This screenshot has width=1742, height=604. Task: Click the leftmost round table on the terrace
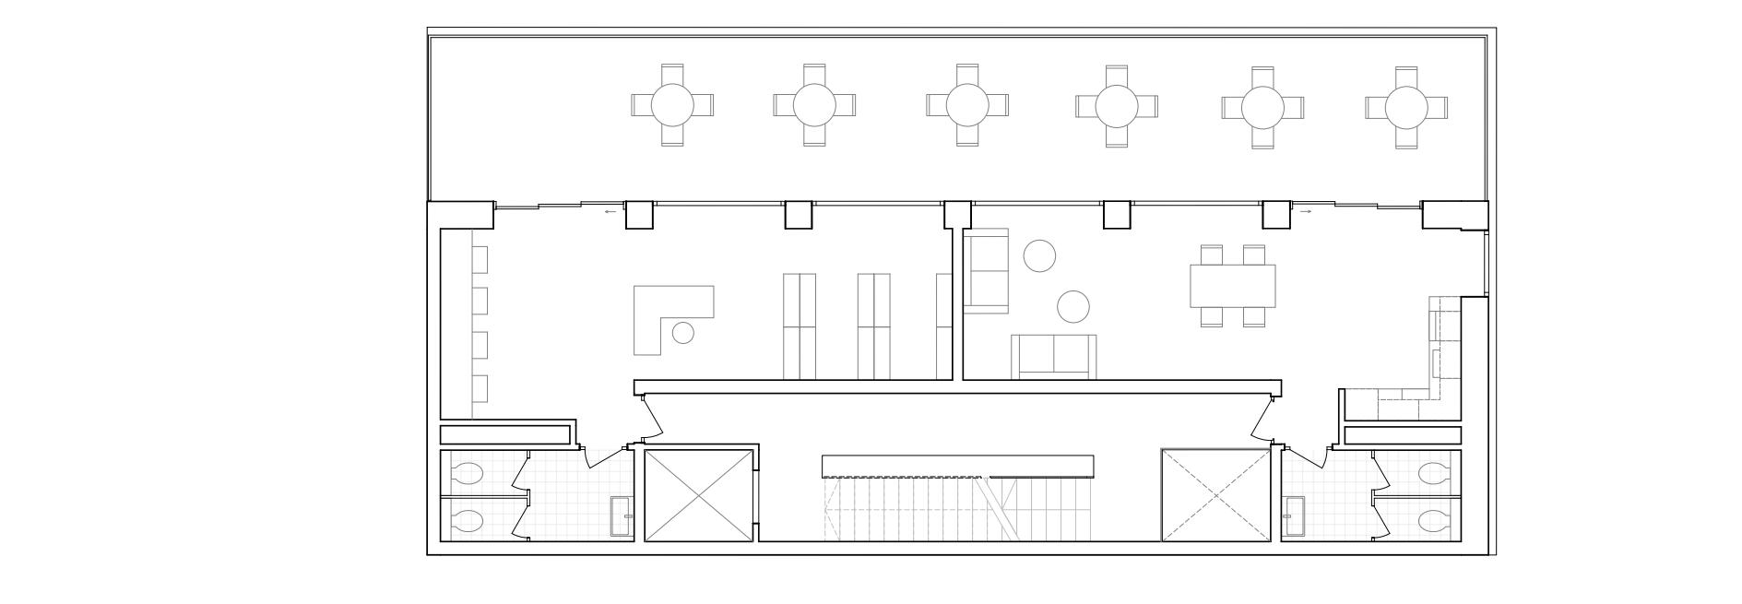pos(672,105)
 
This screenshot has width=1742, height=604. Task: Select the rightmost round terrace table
pos(1405,107)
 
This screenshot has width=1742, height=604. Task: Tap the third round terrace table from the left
pos(967,104)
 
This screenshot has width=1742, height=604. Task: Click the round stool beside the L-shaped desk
pos(682,333)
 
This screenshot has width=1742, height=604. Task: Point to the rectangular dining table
pos(1232,286)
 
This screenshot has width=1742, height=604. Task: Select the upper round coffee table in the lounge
pos(1039,255)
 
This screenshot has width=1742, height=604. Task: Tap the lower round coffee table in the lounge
pos(1072,306)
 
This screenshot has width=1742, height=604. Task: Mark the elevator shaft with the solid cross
pos(698,495)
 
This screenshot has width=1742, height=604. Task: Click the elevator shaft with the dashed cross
pos(1215,495)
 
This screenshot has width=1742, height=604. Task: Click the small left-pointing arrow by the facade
pos(610,212)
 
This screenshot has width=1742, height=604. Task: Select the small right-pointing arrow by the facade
pos(1305,211)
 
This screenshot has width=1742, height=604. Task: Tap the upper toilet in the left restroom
pos(468,474)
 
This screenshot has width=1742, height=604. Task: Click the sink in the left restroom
pos(621,515)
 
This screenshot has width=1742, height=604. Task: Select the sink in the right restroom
pos(1295,515)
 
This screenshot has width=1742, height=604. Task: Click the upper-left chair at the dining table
pos(1212,255)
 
